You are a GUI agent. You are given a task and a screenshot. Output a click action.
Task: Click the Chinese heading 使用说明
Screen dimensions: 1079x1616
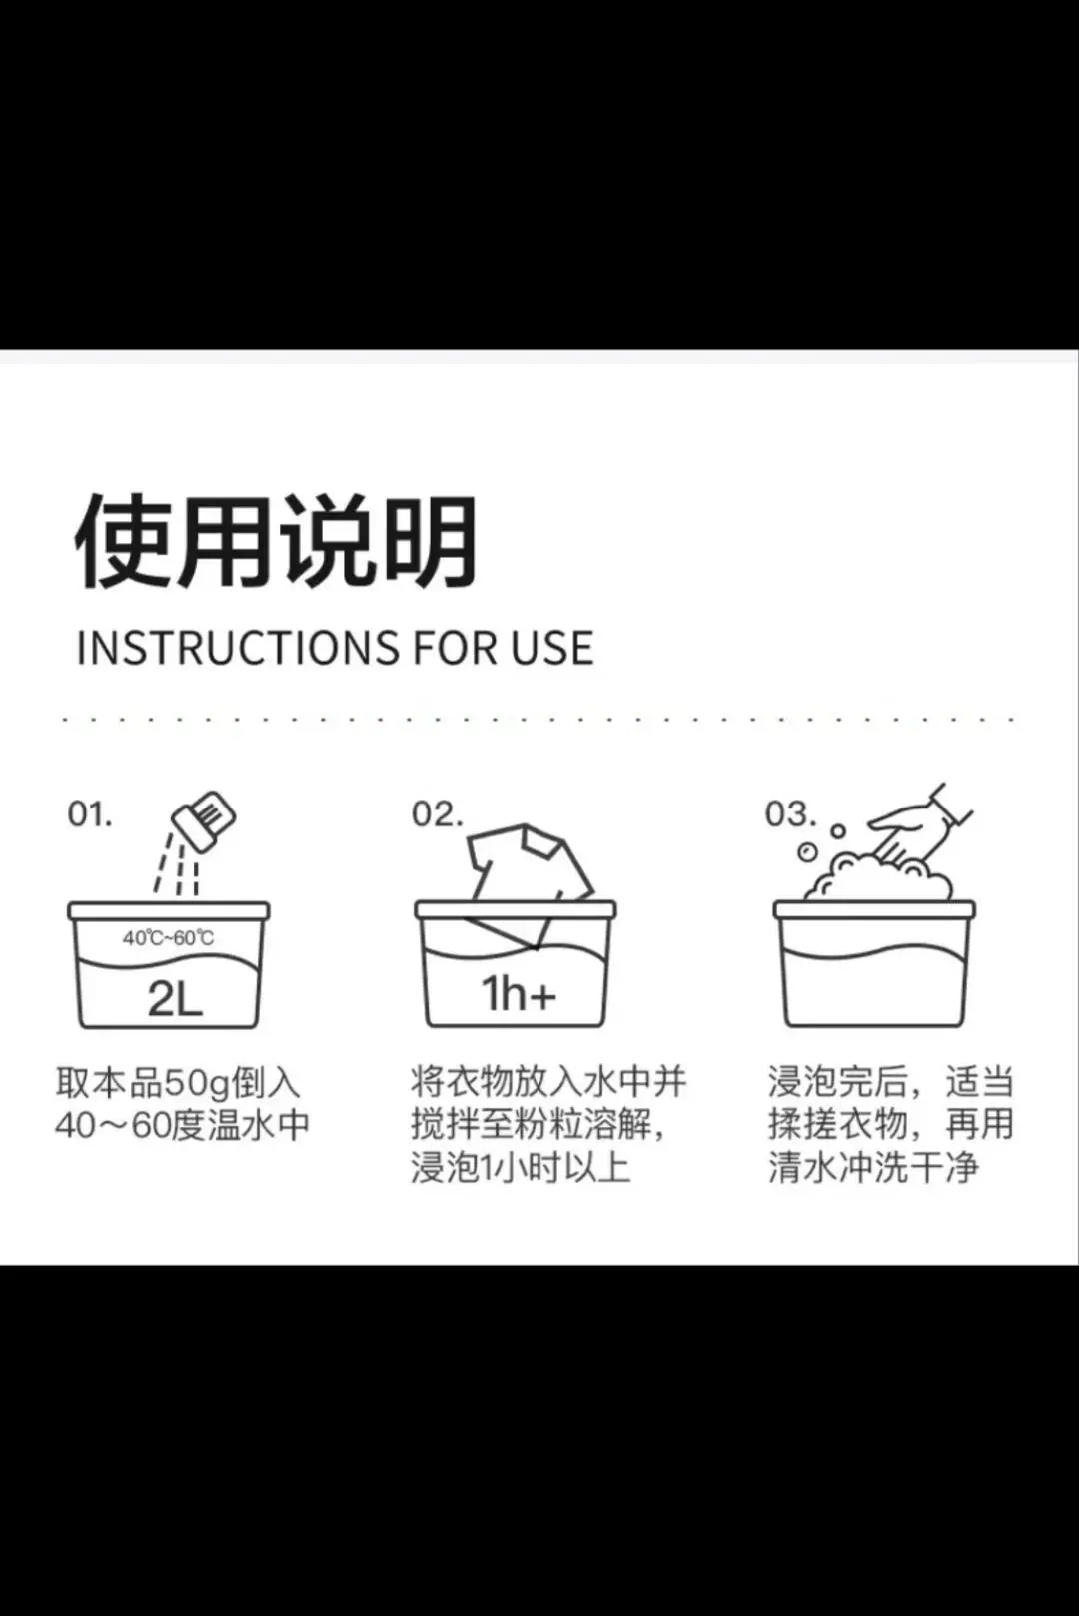pos(276,541)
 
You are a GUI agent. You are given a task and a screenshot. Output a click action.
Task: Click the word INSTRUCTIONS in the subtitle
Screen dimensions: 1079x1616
pos(238,648)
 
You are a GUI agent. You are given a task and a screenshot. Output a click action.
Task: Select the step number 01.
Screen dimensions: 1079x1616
pos(90,814)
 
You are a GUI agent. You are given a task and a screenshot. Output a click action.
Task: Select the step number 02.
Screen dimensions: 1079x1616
pos(437,814)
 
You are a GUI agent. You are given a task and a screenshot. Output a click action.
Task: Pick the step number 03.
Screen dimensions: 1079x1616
pos(790,814)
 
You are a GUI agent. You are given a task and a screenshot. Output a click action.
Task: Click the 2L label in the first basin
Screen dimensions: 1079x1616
pos(175,999)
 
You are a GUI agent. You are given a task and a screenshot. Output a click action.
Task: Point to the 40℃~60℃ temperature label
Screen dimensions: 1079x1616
pos(168,938)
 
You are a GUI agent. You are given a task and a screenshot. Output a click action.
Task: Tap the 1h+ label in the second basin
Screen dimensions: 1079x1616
pos(519,994)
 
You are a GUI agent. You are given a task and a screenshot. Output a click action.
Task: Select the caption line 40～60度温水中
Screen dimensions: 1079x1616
pos(183,1125)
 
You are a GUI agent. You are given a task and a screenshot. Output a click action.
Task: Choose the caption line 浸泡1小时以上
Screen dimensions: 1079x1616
pos(521,1168)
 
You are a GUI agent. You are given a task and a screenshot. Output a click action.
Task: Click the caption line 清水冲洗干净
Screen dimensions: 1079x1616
pos(873,1168)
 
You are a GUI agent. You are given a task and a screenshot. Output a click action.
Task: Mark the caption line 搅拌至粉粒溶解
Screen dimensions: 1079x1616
pos(539,1125)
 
